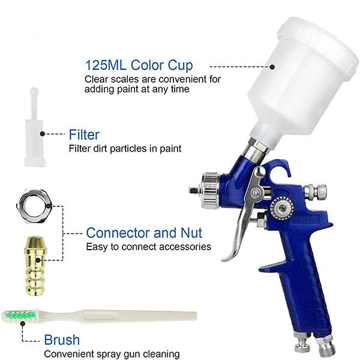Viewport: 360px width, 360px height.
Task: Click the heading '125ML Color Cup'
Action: pyautogui.click(x=139, y=65)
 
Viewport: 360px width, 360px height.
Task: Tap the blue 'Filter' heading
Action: pyautogui.click(x=84, y=134)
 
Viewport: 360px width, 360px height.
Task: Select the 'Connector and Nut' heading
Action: pyautogui.click(x=144, y=233)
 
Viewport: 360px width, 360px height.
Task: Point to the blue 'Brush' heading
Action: pyautogui.click(x=62, y=340)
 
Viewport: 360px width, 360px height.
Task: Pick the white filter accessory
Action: pyautogui.click(x=35, y=127)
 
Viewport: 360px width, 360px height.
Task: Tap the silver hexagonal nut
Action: pyautogui.click(x=35, y=206)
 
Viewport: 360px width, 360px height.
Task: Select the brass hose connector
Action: pyautogui.click(x=35, y=266)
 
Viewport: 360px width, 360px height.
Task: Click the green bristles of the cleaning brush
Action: pyautogui.click(x=22, y=316)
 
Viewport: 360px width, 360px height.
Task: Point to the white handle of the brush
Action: pyautogui.click(x=119, y=316)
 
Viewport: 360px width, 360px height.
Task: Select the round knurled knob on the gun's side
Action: pyautogui.click(x=282, y=208)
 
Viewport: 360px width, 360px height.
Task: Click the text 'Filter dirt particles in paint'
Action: pyautogui.click(x=125, y=149)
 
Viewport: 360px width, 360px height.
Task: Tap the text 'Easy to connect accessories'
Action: pyautogui.click(x=149, y=247)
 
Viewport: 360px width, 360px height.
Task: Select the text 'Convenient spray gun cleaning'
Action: pyautogui.click(x=112, y=354)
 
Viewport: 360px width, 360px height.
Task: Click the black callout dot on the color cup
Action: pyautogui.click(x=272, y=67)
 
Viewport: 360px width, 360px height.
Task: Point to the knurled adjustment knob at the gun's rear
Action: pyautogui.click(x=315, y=191)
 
